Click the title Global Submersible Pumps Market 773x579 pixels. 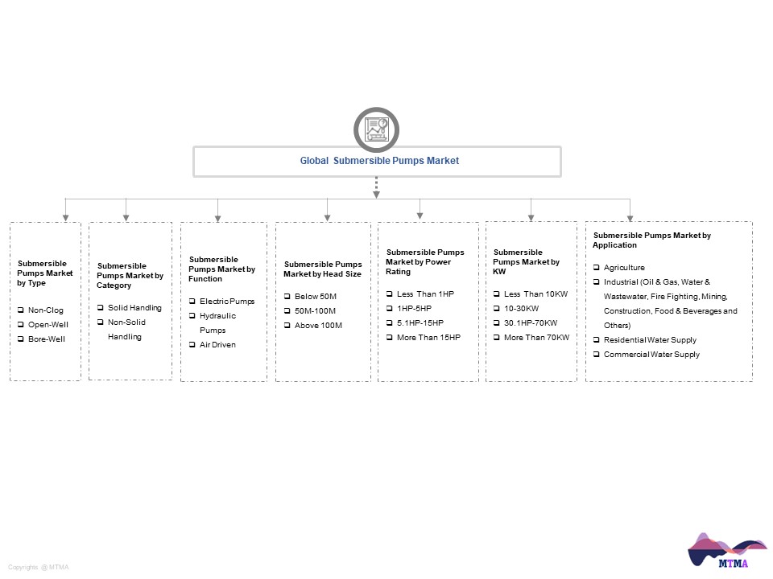coord(379,161)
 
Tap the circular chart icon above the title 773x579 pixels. coord(376,129)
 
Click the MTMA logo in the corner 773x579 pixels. coord(726,550)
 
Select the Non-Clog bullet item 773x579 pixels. coord(45,310)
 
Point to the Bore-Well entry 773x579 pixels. coord(47,339)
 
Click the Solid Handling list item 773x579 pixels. coord(134,308)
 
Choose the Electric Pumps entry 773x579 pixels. coord(227,302)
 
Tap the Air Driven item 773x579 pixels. coord(217,345)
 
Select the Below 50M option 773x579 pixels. coord(316,297)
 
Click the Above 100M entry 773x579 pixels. coord(318,326)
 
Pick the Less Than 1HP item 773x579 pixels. coord(425,294)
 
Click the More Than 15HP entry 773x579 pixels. coord(428,337)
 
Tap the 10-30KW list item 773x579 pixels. coord(521,308)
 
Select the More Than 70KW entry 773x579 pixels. coord(536,337)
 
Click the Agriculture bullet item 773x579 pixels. coord(624,267)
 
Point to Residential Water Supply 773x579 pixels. coord(650,339)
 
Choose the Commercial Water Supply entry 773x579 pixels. coord(651,355)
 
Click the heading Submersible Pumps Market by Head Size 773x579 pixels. coord(322,269)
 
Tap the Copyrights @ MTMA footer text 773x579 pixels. coord(39,567)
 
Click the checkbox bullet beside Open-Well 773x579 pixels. coord(21,324)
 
